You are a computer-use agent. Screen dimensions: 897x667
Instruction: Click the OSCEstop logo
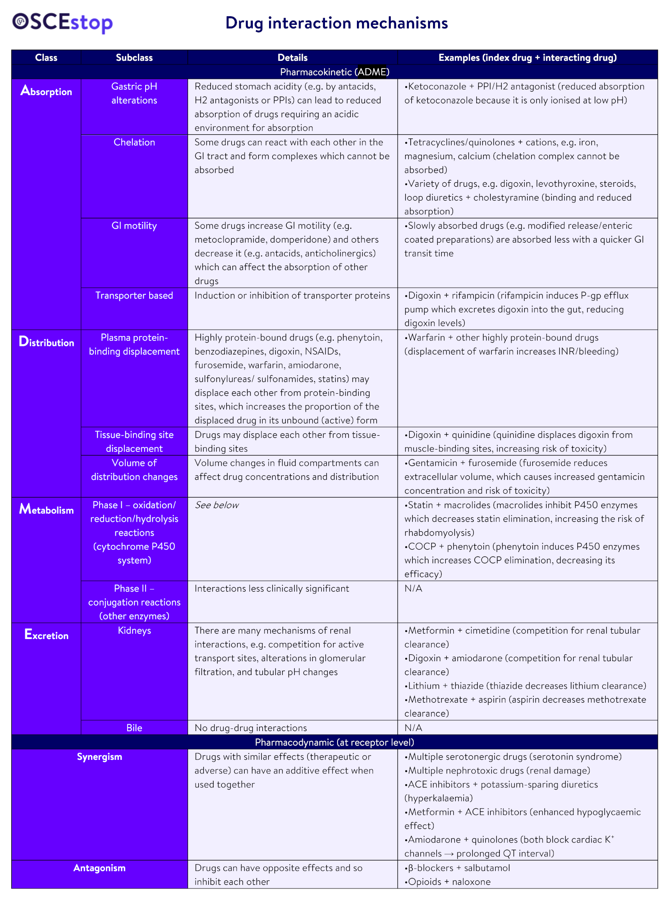[x=62, y=23]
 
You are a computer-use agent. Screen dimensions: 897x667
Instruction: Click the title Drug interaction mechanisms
[x=336, y=23]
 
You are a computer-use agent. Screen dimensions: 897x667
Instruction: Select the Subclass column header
[x=134, y=58]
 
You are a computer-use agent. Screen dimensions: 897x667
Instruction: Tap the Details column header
[x=292, y=58]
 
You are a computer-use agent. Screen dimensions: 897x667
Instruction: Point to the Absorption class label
[x=46, y=91]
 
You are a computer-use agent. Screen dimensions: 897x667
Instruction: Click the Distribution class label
[x=46, y=342]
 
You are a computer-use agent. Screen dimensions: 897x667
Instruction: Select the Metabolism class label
[x=46, y=510]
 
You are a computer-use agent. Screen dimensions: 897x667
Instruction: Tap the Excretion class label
[x=46, y=635]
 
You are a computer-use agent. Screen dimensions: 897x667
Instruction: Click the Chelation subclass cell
[x=134, y=143]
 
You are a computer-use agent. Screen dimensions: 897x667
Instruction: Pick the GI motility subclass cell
[x=134, y=226]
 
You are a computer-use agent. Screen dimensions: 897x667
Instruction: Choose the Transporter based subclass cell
[x=134, y=296]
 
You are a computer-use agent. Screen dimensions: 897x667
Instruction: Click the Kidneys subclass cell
[x=134, y=630]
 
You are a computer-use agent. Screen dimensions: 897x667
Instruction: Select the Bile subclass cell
[x=134, y=728]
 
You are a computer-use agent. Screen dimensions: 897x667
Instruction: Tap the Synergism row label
[x=99, y=757]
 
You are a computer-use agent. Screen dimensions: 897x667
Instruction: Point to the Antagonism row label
[x=99, y=868]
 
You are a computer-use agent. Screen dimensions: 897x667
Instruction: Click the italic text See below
[x=216, y=505]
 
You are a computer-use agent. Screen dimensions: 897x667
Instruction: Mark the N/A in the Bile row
[x=413, y=728]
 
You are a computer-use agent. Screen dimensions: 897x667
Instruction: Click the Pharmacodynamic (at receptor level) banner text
[x=334, y=742]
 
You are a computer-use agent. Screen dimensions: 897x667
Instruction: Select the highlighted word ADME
[x=372, y=72]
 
